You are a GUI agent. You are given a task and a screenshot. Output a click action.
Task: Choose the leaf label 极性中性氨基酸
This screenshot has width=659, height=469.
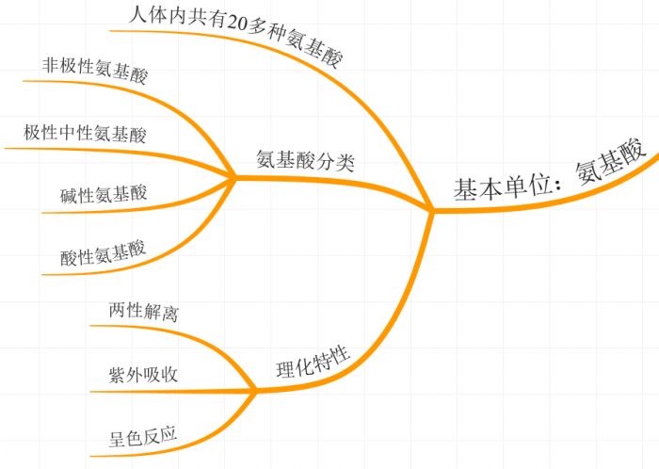(86, 133)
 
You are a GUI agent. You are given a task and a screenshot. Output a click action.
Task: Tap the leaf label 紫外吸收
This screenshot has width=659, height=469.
(144, 374)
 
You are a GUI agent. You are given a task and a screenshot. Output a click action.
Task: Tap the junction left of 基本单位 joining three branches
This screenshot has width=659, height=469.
(432, 211)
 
